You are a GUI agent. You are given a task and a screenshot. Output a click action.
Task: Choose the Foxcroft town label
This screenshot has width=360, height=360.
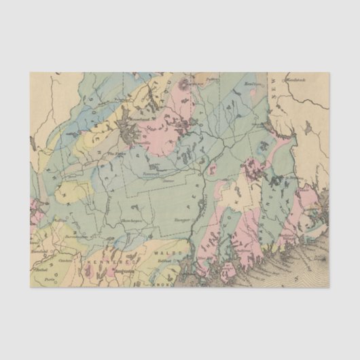[151, 174]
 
